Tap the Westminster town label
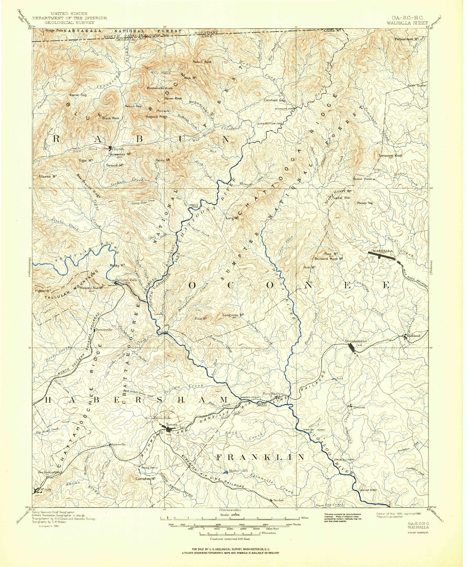click(x=356, y=341)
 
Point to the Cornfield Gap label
click(x=274, y=100)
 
